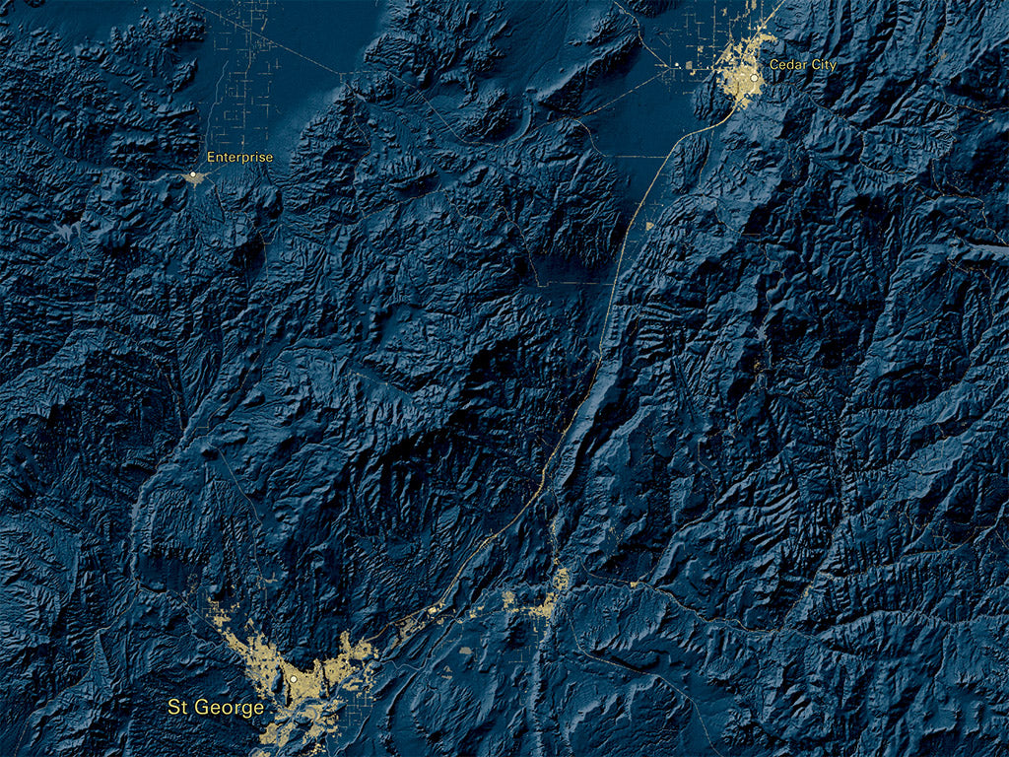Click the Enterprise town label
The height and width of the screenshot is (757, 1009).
[x=239, y=157]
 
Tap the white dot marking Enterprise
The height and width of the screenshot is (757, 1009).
[x=193, y=175]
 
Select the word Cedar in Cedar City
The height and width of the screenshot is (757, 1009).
[x=784, y=65]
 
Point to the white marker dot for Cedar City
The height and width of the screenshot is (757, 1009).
[x=753, y=77]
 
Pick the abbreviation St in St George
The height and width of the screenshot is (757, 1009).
[x=178, y=708]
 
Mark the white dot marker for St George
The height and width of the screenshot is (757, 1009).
[x=293, y=680]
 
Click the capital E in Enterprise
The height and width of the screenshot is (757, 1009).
[x=210, y=157]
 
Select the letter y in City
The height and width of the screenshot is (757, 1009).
[x=833, y=66]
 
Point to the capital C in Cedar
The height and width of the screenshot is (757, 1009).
[x=773, y=65]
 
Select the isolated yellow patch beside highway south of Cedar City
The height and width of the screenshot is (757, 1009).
[x=651, y=226]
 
